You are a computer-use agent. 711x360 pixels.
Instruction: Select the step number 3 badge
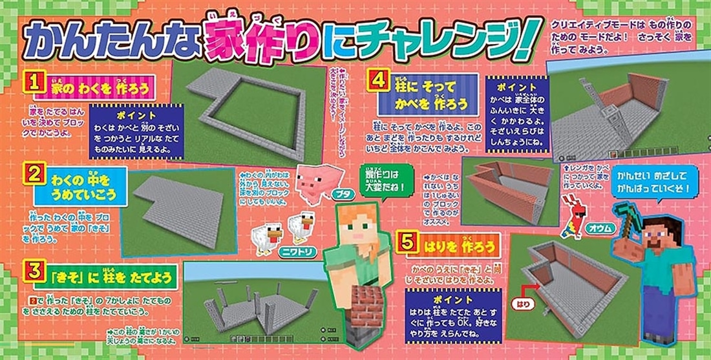pos(33,270)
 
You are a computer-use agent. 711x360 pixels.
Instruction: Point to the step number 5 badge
pos(407,243)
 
